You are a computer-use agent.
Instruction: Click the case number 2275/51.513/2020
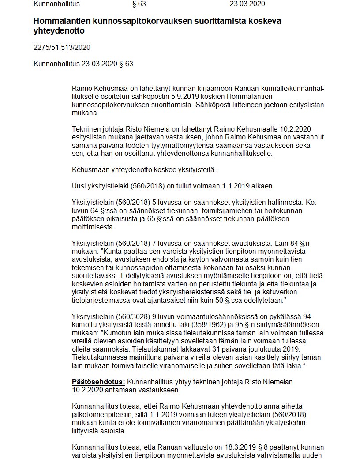(62, 47)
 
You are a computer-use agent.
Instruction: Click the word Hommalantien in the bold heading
(60, 21)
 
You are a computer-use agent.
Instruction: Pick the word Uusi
(79, 186)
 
